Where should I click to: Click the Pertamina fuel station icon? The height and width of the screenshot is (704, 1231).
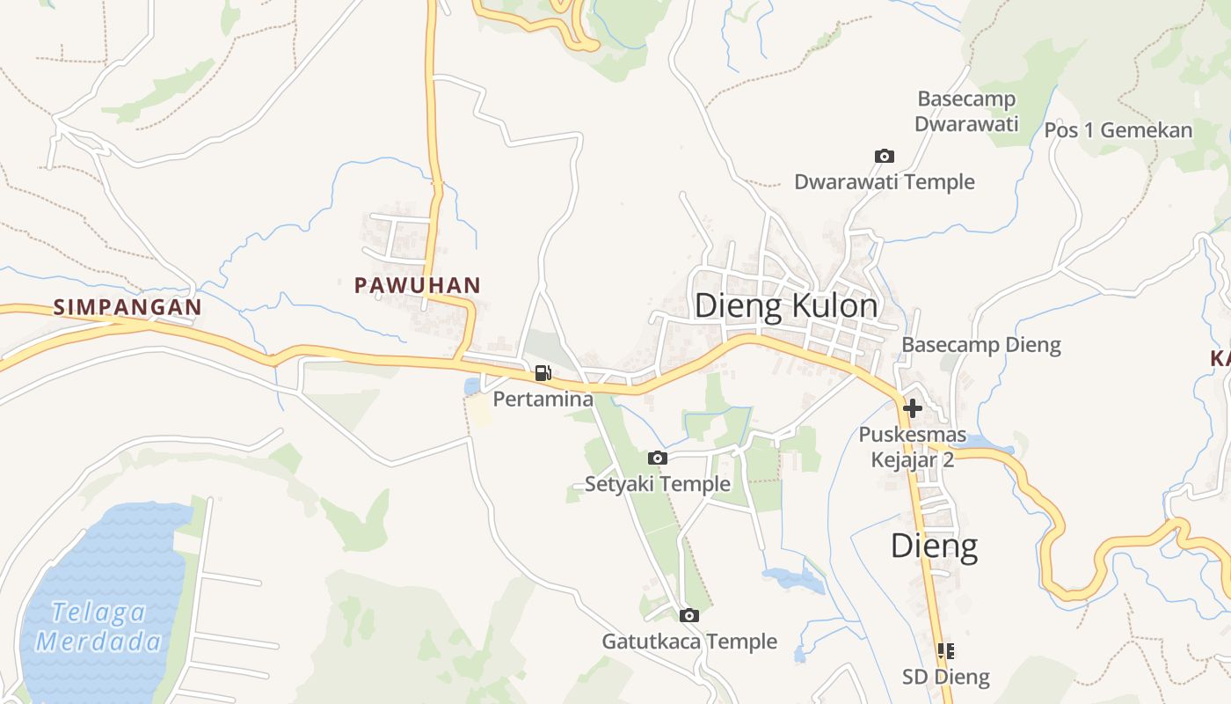(x=543, y=373)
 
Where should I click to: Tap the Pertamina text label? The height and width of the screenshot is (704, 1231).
(x=543, y=400)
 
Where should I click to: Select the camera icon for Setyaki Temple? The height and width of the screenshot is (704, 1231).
(x=657, y=458)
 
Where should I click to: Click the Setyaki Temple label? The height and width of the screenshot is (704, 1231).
(x=657, y=484)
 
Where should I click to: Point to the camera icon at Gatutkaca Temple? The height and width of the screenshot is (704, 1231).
(x=688, y=615)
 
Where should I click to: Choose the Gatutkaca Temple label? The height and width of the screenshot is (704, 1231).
(x=688, y=642)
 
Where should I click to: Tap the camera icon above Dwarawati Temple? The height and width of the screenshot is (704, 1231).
(x=884, y=156)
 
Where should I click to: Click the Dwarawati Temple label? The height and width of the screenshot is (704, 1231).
(x=884, y=182)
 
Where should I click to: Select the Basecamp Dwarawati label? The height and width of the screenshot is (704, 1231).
(x=966, y=111)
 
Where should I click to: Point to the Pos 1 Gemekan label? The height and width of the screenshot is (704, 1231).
(x=1118, y=130)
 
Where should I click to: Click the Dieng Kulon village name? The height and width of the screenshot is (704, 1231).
(x=785, y=306)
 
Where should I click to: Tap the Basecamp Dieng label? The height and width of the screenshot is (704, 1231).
(x=981, y=345)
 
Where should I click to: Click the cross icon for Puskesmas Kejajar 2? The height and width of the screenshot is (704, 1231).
(x=912, y=408)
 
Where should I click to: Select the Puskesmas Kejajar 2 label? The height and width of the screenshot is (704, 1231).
(x=912, y=447)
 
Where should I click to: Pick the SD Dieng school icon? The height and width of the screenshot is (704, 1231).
(x=945, y=651)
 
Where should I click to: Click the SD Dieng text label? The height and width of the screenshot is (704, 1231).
(x=945, y=678)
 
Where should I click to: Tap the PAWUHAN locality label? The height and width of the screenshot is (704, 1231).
(x=417, y=285)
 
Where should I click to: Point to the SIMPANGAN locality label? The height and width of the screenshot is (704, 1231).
(x=127, y=307)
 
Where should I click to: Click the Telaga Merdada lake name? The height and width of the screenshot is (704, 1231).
(x=98, y=626)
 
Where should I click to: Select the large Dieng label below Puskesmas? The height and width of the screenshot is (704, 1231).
(x=934, y=546)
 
